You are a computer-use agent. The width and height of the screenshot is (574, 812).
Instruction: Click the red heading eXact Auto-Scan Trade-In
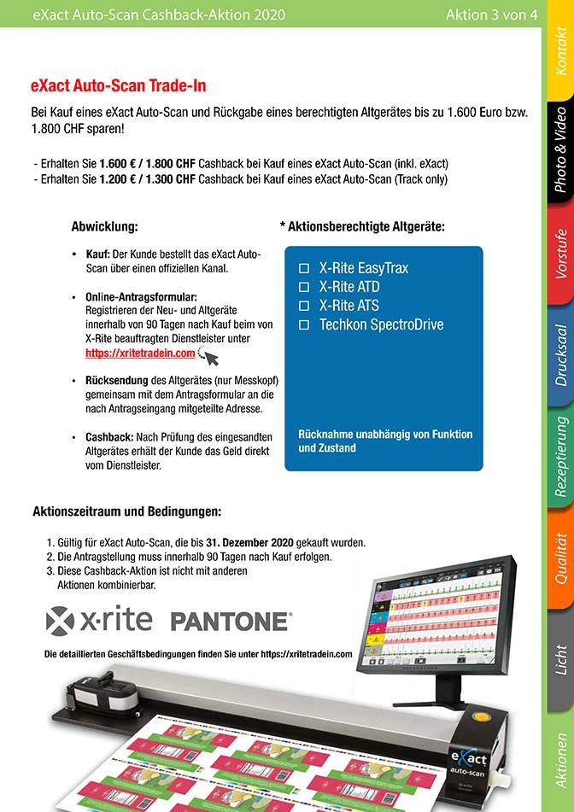pos(118,86)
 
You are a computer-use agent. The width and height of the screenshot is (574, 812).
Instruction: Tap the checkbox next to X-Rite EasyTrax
pos(303,268)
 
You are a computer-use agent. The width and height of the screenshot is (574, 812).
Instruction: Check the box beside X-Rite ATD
pos(303,287)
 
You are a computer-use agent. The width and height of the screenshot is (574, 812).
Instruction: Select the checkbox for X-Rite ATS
pos(303,306)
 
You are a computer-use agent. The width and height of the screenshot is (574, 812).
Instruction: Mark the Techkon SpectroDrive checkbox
pos(303,325)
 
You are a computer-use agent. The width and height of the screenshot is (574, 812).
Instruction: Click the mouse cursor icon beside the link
pos(209,356)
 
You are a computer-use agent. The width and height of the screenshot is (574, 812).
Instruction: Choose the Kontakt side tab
pos(559,50)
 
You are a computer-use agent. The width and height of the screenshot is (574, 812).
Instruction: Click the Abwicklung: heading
pos(104,227)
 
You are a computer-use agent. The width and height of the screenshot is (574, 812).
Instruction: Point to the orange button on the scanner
pos(491,715)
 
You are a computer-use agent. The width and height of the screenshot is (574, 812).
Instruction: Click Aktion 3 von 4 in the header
pos(491,15)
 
